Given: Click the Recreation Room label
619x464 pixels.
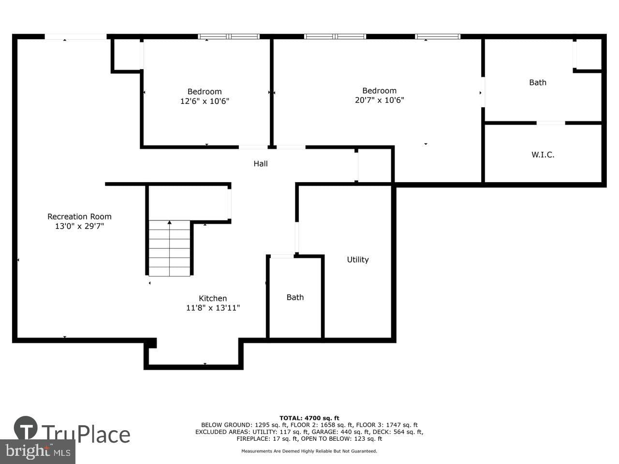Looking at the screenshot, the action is pos(79,217).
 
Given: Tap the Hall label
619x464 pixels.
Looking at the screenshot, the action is pos(261,163).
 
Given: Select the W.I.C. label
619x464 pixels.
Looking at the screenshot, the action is pos(543,154).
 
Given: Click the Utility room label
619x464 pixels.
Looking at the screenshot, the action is pos(357,260).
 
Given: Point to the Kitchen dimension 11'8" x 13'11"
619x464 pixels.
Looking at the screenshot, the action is pos(213,308).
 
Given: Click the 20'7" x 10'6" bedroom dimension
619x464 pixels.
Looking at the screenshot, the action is pos(380,100).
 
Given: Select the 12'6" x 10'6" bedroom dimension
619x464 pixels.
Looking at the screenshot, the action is pos(205,101).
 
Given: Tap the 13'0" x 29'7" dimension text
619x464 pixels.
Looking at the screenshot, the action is pos(79,226).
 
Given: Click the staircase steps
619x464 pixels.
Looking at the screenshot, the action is pos(169,248).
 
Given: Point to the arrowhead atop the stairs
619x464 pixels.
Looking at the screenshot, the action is pos(169,222).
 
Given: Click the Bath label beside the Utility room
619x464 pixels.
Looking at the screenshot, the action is pos(295,297).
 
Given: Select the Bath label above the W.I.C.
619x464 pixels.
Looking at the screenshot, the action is pos(538,82).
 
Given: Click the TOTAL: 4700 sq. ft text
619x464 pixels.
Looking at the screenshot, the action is pos(309,418).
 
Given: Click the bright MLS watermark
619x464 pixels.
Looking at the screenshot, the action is pos(38,451).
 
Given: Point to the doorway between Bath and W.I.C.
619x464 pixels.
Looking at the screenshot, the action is pos(551,123).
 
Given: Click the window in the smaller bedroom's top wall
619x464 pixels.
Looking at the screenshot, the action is pos(229,36).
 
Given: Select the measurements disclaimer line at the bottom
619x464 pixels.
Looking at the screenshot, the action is pos(309,451).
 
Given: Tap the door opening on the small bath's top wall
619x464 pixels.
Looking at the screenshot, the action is pos(282,256).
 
